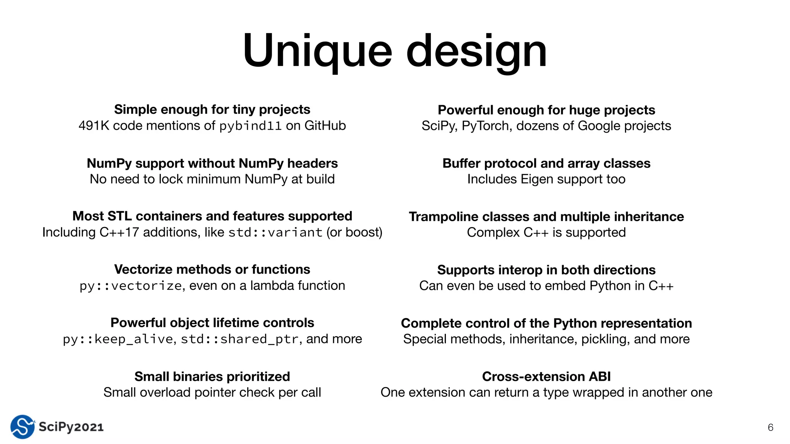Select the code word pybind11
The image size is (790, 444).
coord(250,126)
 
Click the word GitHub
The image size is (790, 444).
coord(325,126)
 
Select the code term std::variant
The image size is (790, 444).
coord(275,232)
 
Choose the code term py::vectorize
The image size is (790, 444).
coord(130,286)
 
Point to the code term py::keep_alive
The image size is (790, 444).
coord(118,339)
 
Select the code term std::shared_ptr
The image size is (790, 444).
coord(240,339)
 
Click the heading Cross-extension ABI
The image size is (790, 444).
coord(546,377)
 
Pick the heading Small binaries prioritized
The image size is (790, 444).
coord(212,377)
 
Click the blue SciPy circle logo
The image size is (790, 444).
coord(22,427)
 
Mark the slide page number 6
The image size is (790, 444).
coord(770,427)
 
